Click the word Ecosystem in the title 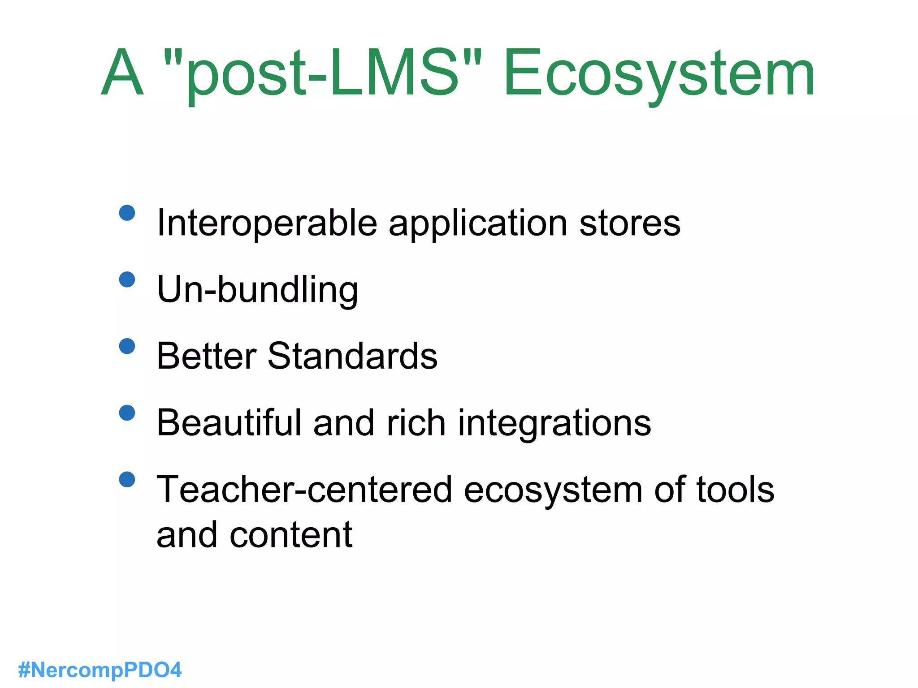point(659,74)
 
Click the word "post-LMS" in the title point(323,74)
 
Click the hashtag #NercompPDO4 point(100,670)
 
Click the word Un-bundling point(258,290)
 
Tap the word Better point(206,356)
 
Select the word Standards point(352,356)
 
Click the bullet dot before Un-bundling point(127,279)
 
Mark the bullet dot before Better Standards point(127,346)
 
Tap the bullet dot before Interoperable point(127,213)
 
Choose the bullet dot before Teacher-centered point(127,480)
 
